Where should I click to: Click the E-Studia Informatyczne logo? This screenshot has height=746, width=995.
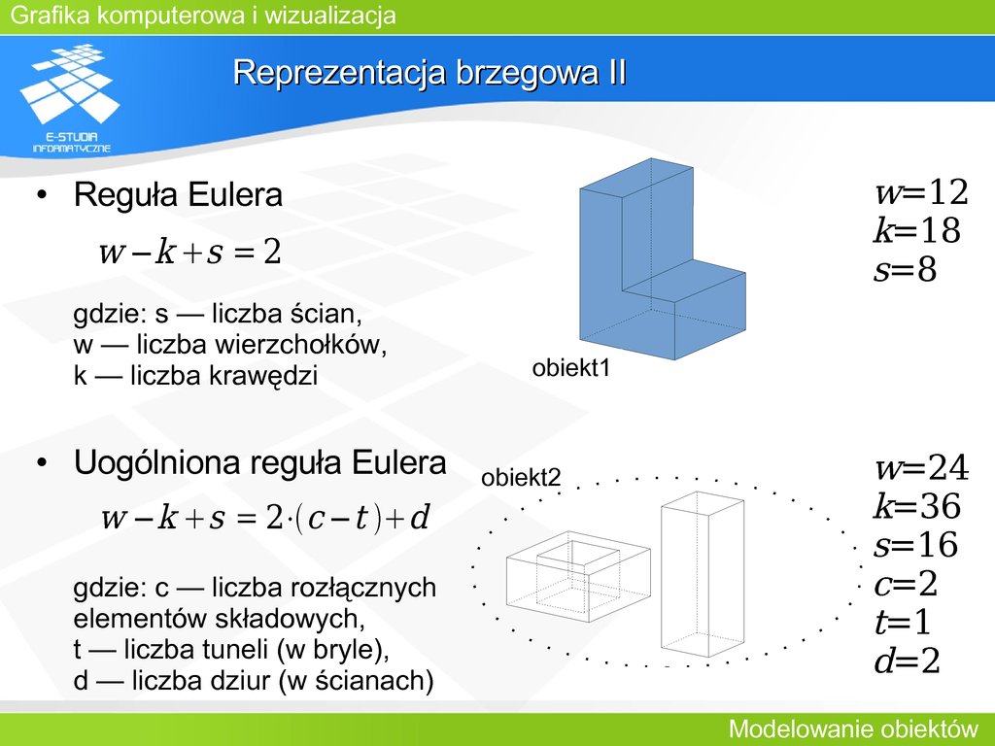click(70, 98)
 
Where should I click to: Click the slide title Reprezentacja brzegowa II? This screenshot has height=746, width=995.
click(429, 72)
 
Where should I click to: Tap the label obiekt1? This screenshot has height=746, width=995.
click(570, 368)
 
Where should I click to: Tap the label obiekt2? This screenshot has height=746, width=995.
click(521, 478)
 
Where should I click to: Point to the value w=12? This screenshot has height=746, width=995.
click(921, 192)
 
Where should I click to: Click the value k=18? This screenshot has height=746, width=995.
click(916, 230)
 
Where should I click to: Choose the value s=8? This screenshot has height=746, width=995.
click(905, 270)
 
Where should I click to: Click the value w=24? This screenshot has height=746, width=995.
click(921, 468)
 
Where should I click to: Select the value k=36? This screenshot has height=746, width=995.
click(917, 506)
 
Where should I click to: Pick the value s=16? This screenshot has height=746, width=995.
click(915, 545)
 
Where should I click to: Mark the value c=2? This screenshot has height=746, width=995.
click(906, 584)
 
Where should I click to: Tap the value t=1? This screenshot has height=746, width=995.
click(903, 622)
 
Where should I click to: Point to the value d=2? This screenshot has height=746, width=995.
click(907, 661)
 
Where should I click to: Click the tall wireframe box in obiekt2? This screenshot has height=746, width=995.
click(703, 574)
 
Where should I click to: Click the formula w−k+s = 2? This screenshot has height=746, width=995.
click(189, 252)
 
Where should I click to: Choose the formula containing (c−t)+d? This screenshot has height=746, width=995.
click(266, 518)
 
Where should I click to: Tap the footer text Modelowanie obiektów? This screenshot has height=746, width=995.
click(853, 729)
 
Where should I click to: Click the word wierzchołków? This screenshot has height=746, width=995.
click(301, 345)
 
